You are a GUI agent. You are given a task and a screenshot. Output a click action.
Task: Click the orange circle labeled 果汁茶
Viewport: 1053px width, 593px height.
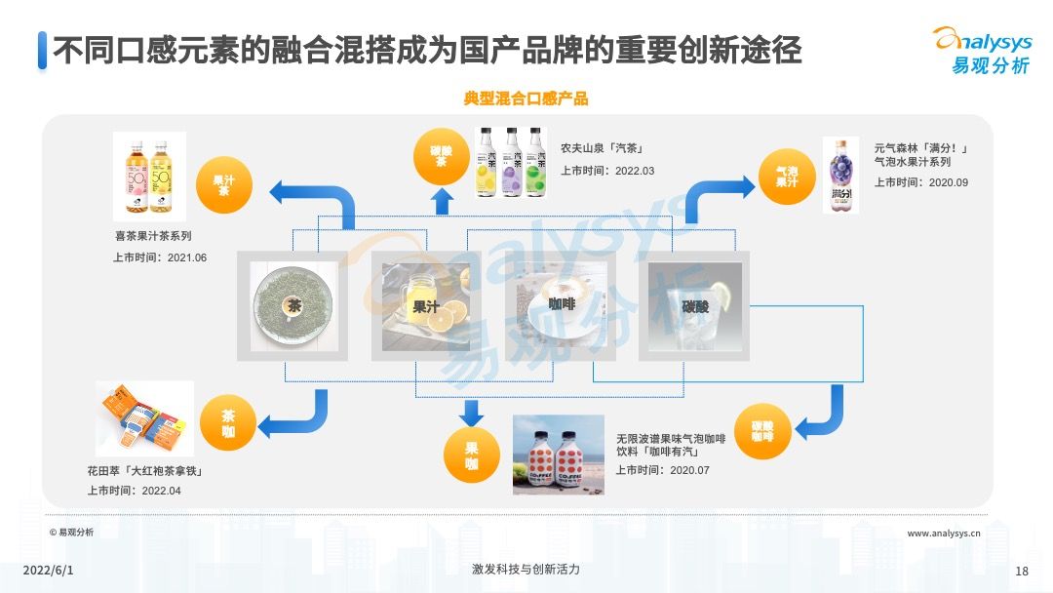[x=224, y=186]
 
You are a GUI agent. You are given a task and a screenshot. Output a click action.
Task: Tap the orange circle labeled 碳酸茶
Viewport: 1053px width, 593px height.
[x=442, y=156]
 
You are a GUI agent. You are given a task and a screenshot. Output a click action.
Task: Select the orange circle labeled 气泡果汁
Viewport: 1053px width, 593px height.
[x=787, y=177]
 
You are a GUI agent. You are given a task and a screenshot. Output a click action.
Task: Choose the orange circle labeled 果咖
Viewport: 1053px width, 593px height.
[x=472, y=456]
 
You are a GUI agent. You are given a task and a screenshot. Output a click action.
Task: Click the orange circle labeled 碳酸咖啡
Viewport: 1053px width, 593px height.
[x=762, y=431]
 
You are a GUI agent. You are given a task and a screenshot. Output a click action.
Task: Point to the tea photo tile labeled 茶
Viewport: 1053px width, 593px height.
[x=292, y=306]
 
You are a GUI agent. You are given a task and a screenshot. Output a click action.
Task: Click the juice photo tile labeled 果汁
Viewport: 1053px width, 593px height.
[x=425, y=306]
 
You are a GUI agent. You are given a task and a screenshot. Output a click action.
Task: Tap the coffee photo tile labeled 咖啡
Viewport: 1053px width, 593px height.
[x=560, y=306]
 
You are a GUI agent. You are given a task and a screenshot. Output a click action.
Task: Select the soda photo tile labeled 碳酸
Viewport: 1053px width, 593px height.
[x=695, y=306]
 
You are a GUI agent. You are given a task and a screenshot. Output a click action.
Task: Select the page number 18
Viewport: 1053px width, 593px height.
[x=1022, y=571]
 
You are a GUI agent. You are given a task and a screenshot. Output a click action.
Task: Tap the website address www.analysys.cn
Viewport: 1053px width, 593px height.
[x=944, y=534]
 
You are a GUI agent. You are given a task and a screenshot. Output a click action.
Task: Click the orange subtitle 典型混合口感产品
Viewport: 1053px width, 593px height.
[x=526, y=99]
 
